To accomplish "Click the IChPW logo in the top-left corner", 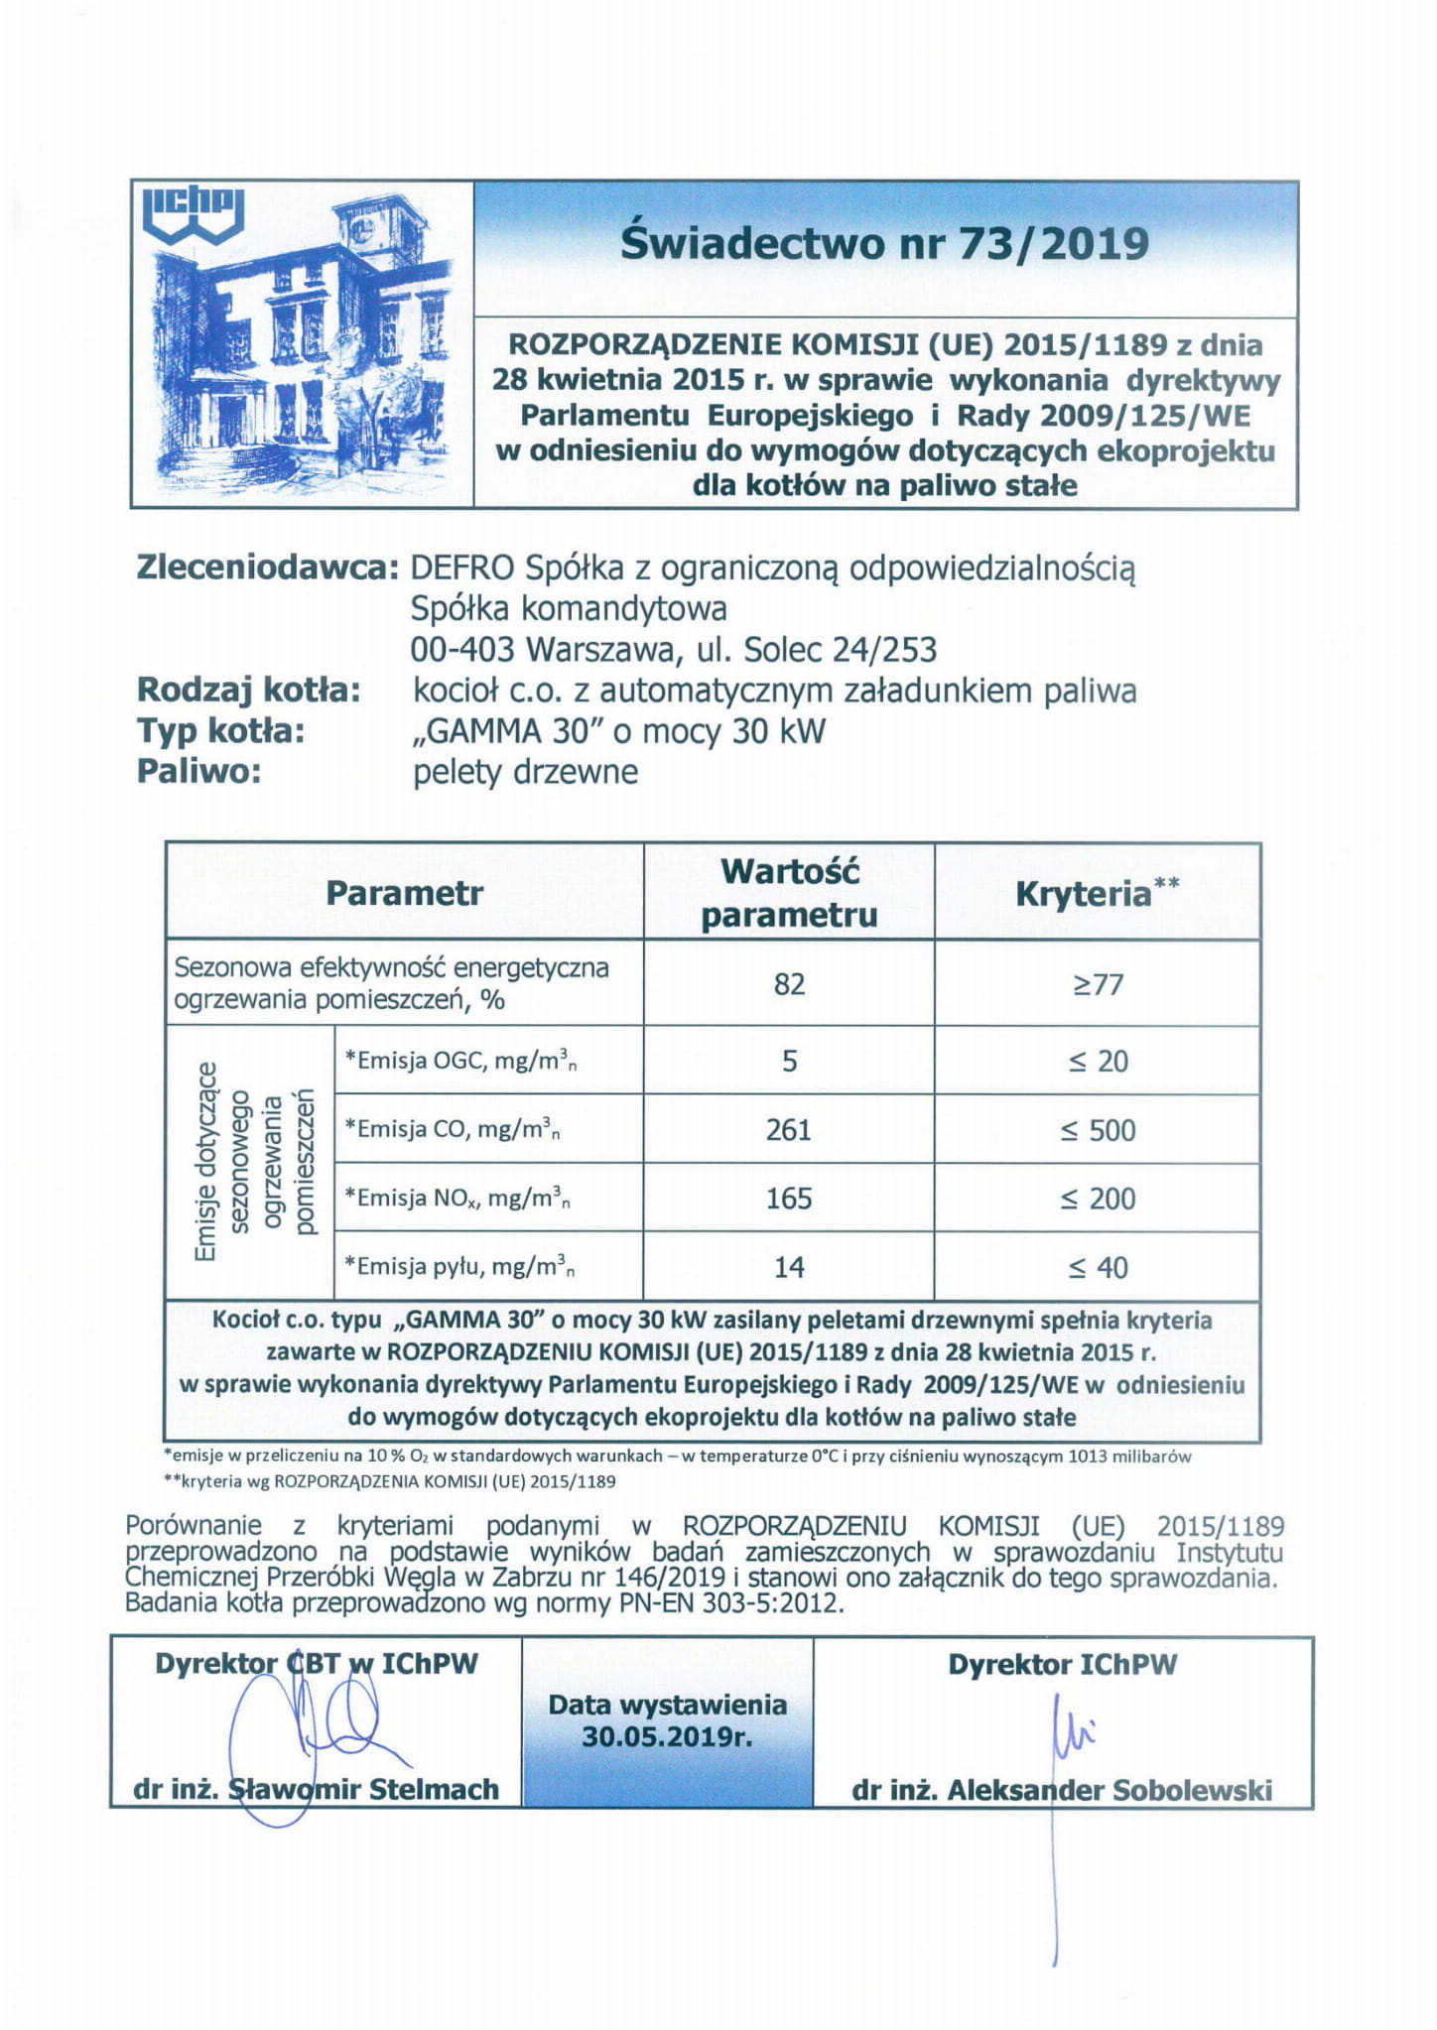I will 194,212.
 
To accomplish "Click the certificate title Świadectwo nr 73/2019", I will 884,243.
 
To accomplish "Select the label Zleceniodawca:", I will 267,568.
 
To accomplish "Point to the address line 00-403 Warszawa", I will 673,649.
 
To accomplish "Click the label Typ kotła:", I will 220,731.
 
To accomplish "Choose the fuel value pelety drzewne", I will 525,772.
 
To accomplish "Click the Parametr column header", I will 404,893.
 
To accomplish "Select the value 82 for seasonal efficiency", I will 789,984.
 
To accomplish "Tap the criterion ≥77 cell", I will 1098,984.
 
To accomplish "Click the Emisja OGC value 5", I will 789,1062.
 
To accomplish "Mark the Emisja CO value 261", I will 789,1130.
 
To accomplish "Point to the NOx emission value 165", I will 789,1199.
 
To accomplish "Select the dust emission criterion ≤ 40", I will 1098,1267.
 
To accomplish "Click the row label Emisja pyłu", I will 459,1267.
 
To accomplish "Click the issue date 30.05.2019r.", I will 667,1737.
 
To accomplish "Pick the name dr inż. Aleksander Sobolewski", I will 1061,1790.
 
